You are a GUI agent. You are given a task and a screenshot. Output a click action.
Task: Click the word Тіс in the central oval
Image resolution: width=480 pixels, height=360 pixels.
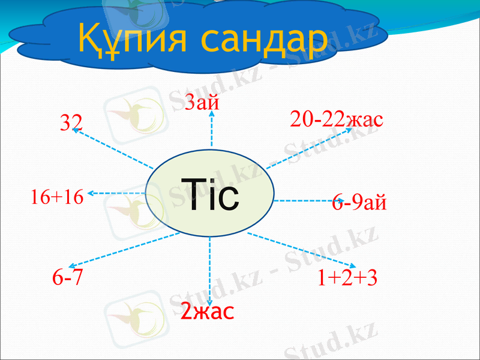click(212, 196)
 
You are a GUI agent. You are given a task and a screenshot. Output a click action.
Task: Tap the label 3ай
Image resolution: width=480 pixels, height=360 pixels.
click(202, 103)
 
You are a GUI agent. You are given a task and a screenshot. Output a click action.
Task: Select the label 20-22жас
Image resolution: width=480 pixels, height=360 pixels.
click(336, 119)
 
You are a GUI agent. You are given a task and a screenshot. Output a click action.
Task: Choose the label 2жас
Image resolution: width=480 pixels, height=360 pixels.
click(208, 312)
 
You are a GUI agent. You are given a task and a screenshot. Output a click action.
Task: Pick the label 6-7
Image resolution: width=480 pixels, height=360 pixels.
click(67, 278)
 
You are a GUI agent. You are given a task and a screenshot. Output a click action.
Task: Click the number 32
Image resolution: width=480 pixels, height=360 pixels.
click(71, 122)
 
